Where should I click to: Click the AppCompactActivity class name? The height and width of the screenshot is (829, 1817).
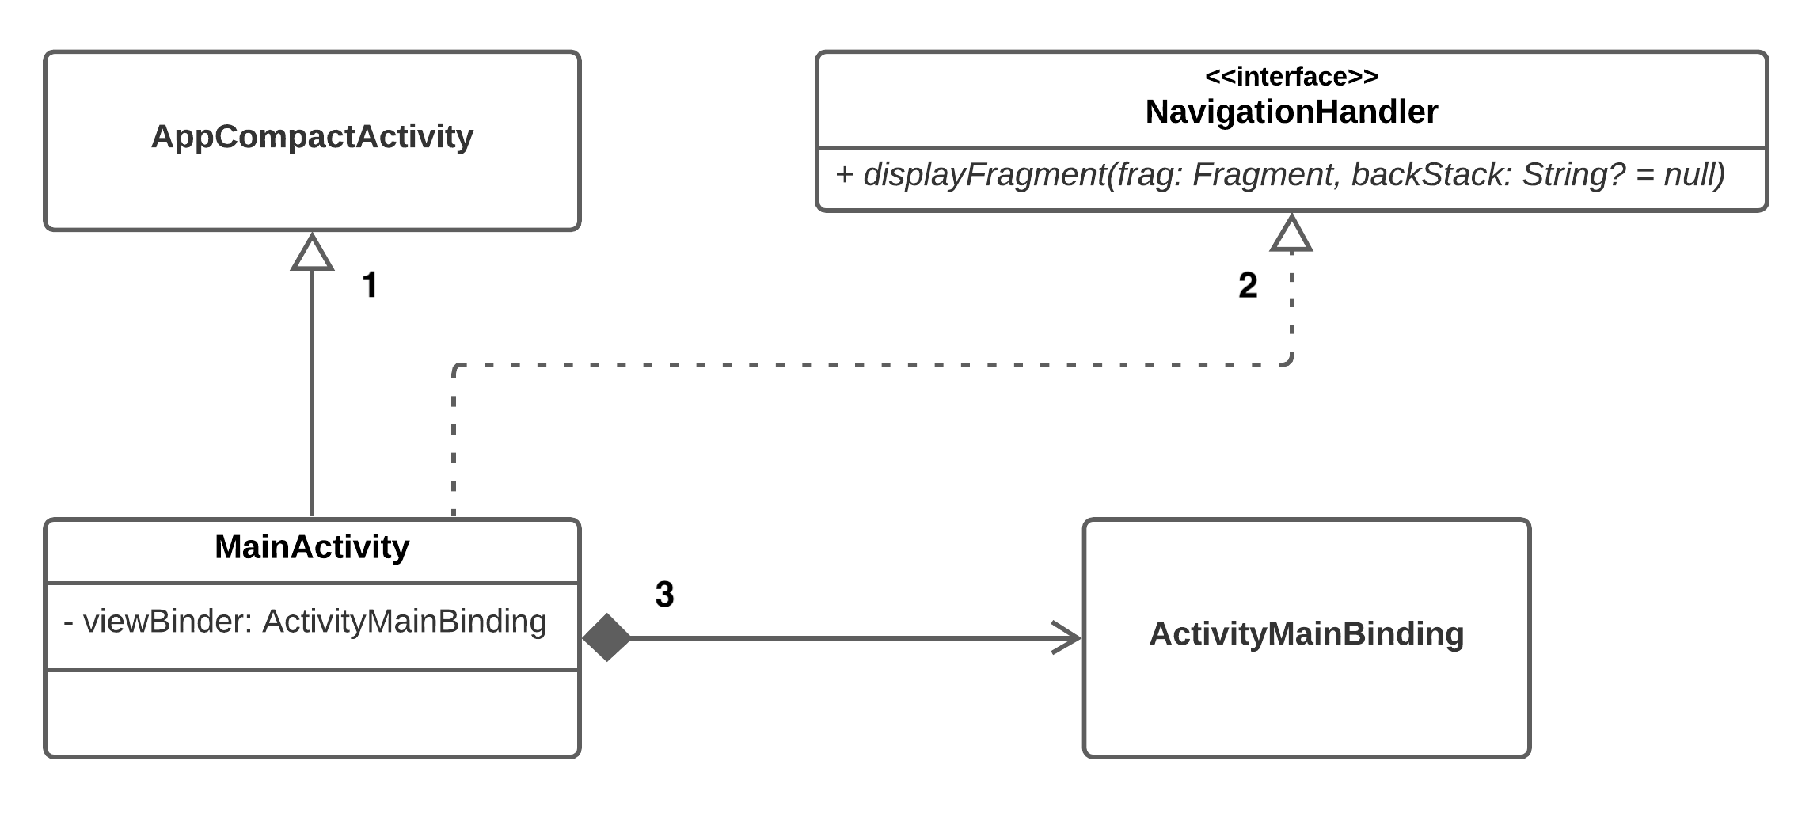[x=312, y=136]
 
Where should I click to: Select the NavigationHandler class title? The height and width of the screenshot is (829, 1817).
[x=1291, y=112]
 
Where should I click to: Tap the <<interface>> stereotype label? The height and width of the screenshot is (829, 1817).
[x=1291, y=77]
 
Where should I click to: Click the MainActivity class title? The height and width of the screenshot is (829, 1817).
[x=312, y=547]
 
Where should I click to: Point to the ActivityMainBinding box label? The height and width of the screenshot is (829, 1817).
[x=1306, y=634]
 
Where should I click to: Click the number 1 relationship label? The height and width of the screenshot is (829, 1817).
[x=369, y=285]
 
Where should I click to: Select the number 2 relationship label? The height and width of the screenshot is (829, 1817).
[x=1248, y=286]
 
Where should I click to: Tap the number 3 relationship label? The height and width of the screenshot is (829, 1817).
[x=664, y=595]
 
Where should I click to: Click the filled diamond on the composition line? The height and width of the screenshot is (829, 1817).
[x=606, y=637]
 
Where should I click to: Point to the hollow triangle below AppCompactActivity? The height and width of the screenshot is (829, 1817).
[x=312, y=253]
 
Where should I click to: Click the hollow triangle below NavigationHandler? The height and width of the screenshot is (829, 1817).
[x=1291, y=235]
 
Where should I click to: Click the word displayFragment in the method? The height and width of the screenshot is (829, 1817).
[x=984, y=174]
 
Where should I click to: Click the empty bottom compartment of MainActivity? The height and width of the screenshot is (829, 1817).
[x=312, y=713]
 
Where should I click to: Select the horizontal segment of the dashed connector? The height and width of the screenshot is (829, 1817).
[x=871, y=365]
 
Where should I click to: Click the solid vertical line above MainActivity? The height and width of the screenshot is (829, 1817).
[x=312, y=396]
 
